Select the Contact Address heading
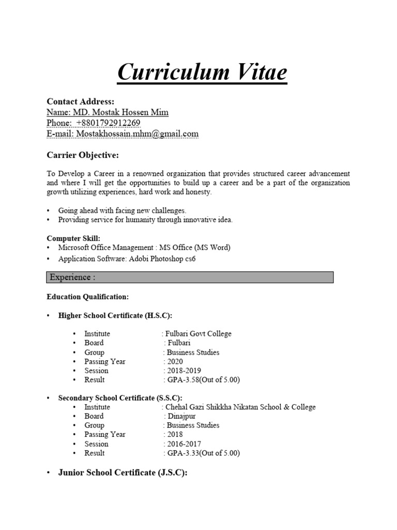(x=81, y=101)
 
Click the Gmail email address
(x=137, y=134)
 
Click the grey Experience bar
(x=190, y=277)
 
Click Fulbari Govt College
(x=198, y=334)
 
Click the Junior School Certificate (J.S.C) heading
(x=123, y=473)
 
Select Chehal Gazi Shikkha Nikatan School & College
(x=240, y=407)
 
